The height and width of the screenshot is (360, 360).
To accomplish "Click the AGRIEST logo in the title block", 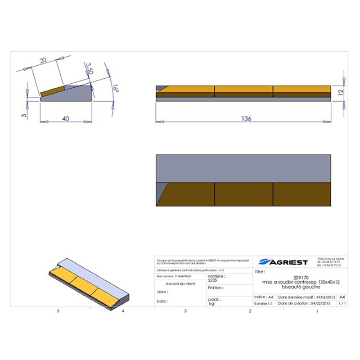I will coord(284,262).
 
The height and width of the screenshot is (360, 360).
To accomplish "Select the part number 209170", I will coord(300,277).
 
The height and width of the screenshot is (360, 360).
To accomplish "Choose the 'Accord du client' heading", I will coord(180,284).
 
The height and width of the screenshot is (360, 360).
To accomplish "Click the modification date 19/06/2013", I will coord(320,297).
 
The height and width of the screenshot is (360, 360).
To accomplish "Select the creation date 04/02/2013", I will coord(321,304).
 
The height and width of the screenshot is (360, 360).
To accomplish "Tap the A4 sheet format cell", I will coord(342,297).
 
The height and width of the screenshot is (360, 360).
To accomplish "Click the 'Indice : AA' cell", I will coord(264,297).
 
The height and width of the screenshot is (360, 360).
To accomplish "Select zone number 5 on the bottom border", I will coord(58,311).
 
